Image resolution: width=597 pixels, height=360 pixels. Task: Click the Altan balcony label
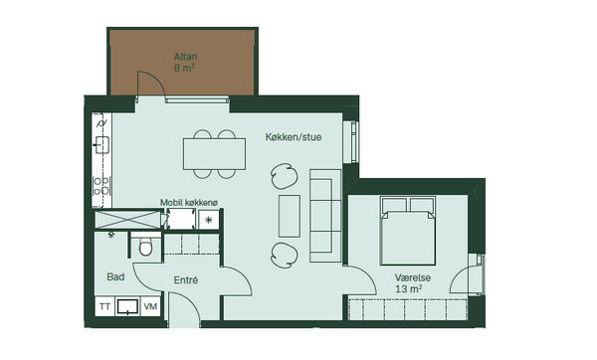pyautogui.click(x=185, y=57)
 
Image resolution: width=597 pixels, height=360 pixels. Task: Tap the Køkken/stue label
pyautogui.click(x=294, y=137)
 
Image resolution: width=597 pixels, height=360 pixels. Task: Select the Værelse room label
pyautogui.click(x=413, y=277)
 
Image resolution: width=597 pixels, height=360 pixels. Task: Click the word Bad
pyautogui.click(x=115, y=276)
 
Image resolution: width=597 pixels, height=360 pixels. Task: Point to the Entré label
pyautogui.click(x=186, y=280)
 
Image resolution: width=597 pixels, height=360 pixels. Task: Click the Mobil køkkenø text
pyautogui.click(x=189, y=203)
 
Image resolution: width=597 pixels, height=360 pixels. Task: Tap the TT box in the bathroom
pyautogui.click(x=104, y=306)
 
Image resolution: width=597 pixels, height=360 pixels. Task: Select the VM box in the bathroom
pyautogui.click(x=151, y=306)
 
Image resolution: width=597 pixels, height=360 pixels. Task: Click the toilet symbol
pyautogui.click(x=145, y=247)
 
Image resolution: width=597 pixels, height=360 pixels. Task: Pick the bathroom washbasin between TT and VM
pyautogui.click(x=127, y=306)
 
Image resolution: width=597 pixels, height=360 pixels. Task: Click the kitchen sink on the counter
pyautogui.click(x=102, y=144)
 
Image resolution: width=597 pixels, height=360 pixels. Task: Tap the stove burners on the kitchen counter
pyautogui.click(x=101, y=186)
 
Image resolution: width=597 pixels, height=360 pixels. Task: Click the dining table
pyautogui.click(x=214, y=154)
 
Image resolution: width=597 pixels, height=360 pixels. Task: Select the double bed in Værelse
pyautogui.click(x=408, y=231)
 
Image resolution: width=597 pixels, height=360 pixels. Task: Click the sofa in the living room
pyautogui.click(x=325, y=216)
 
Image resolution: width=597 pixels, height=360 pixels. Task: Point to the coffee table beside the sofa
pyautogui.click(x=290, y=216)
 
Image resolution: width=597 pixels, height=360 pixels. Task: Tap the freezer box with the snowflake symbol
pyautogui.click(x=209, y=220)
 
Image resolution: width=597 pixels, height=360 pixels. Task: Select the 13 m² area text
pyautogui.click(x=408, y=288)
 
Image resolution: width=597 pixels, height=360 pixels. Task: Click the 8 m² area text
pyautogui.click(x=185, y=68)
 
